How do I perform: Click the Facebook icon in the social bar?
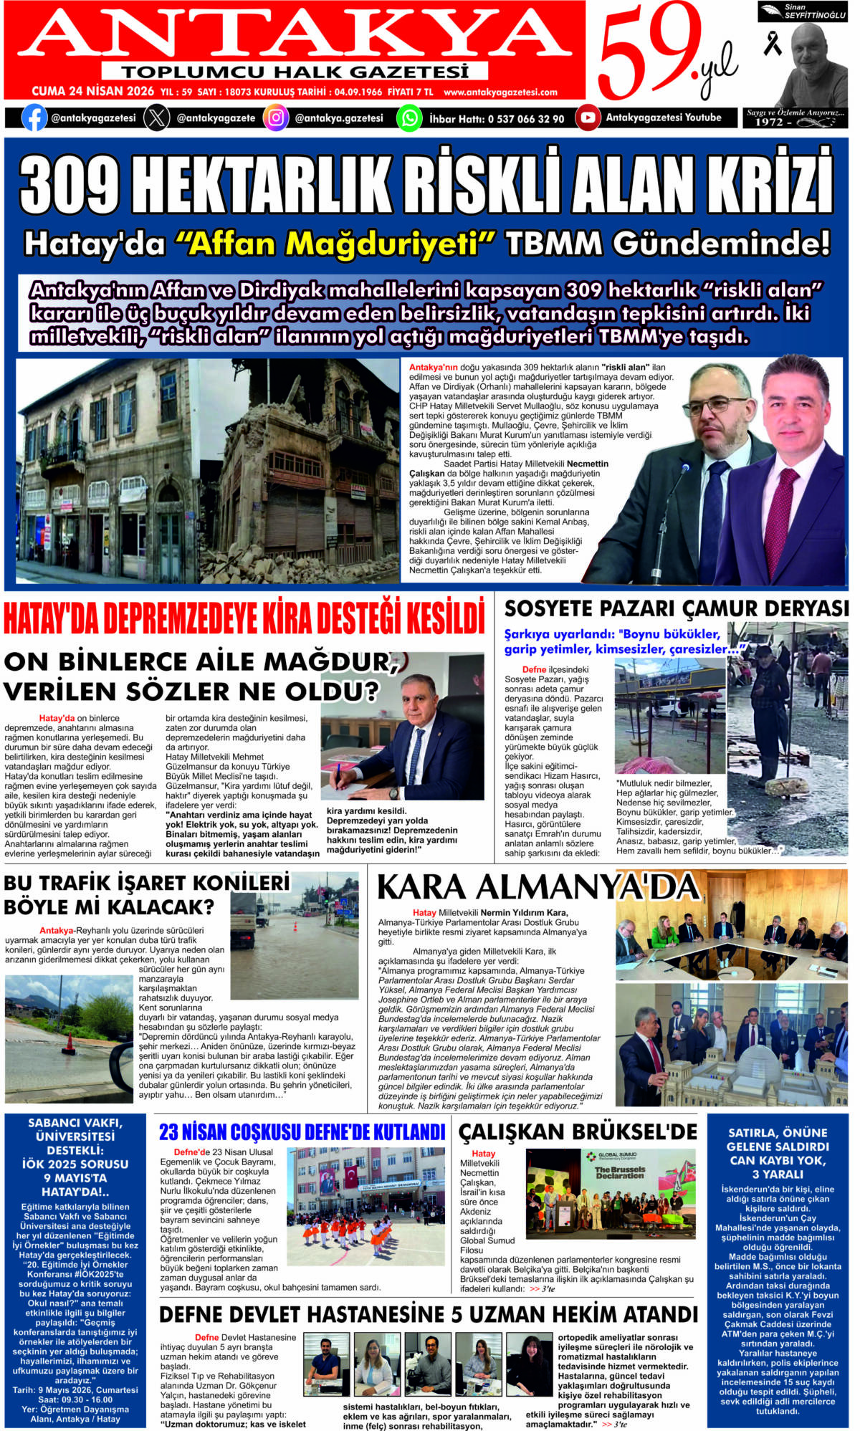34,118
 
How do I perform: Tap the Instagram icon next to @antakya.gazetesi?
275,118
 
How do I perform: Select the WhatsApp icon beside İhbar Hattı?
408,118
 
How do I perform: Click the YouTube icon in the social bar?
587,118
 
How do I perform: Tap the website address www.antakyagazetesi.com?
500,92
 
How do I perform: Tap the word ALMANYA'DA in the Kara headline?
588,887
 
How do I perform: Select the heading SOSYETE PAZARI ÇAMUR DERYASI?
676,608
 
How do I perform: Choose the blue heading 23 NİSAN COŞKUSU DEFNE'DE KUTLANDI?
302,1133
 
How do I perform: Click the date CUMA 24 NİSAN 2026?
92,92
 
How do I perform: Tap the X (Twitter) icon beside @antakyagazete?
156,118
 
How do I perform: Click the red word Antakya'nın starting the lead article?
433,367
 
